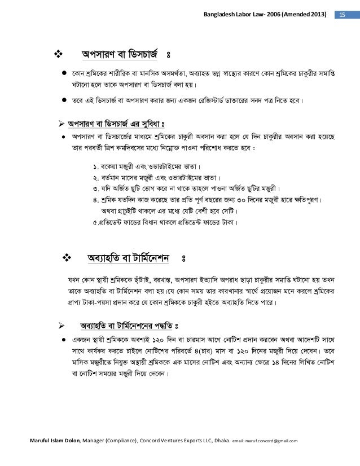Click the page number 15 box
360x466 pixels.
coord(343,13)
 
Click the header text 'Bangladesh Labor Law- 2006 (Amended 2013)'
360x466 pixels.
coord(266,13)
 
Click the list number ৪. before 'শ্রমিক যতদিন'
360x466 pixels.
coord(96,200)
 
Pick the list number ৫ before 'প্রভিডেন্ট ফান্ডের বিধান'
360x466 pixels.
coord(95,222)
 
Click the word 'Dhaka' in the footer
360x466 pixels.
coord(214,440)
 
